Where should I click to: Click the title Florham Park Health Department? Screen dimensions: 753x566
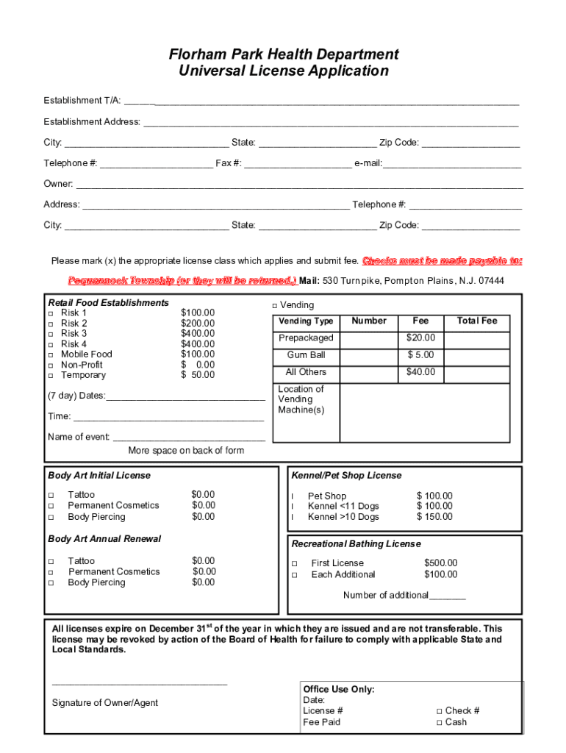(284, 54)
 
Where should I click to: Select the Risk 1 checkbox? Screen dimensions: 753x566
(51, 313)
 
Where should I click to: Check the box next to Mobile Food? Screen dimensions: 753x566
(51, 355)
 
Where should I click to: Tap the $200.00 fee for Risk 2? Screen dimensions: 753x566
(198, 324)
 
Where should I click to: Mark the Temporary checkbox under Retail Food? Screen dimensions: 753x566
(51, 376)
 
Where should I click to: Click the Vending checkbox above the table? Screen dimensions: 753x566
(274, 306)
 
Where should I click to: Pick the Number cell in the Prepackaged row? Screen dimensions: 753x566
(369, 338)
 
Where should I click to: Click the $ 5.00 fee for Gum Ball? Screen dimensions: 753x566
(421, 355)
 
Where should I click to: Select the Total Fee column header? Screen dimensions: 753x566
(477, 321)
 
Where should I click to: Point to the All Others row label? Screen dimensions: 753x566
(306, 372)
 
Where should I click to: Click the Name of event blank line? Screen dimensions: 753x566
(188, 438)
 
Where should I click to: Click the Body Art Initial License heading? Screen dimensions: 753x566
(99, 476)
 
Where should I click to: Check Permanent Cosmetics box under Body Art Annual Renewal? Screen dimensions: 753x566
(51, 572)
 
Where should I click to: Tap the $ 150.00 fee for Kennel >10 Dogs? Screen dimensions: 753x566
(434, 517)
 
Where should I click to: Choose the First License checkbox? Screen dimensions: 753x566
(295, 564)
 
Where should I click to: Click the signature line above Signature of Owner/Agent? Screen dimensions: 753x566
(140, 685)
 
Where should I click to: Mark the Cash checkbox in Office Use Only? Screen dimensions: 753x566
(439, 723)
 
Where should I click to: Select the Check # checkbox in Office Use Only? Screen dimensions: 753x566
(439, 711)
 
